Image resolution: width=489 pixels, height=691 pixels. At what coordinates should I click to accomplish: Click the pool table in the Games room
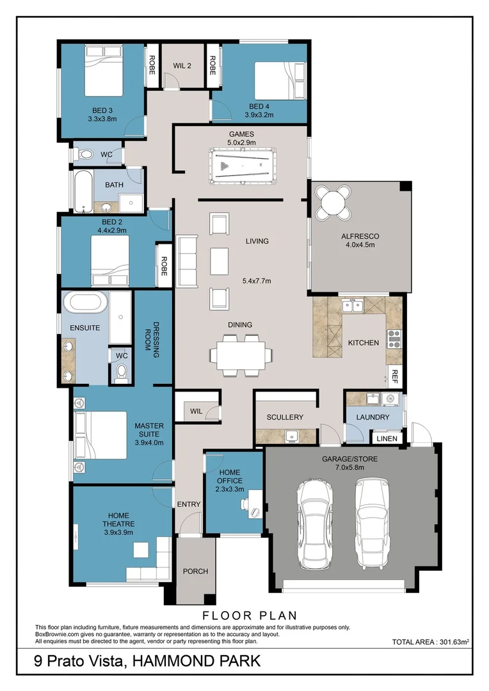click(243, 166)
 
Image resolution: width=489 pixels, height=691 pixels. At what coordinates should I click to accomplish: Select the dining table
click(240, 355)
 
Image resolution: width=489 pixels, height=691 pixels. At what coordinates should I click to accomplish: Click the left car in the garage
click(314, 523)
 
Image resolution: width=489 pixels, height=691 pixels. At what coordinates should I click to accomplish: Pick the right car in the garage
click(373, 522)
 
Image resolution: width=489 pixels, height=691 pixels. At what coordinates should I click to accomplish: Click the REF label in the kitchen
click(395, 376)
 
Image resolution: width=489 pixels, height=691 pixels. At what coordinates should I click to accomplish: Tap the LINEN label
click(387, 438)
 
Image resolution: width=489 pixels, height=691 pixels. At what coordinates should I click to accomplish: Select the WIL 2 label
click(182, 66)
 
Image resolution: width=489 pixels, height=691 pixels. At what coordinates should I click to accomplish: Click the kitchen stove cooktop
click(394, 339)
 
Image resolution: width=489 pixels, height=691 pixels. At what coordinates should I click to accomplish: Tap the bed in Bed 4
click(280, 81)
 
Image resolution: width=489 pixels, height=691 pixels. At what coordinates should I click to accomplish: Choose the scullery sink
click(291, 436)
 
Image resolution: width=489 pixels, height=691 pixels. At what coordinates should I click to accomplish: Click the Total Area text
click(430, 642)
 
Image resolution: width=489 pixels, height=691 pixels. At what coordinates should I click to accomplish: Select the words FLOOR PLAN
click(250, 616)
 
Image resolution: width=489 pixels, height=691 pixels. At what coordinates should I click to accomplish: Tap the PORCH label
click(195, 571)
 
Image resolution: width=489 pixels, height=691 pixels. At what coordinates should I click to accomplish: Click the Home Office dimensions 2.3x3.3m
click(230, 489)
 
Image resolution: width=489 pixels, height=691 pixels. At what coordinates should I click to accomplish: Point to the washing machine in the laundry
click(390, 399)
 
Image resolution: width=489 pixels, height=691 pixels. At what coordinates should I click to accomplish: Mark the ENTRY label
click(189, 504)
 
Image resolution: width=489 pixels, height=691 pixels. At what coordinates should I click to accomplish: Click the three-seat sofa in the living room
click(186, 261)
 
